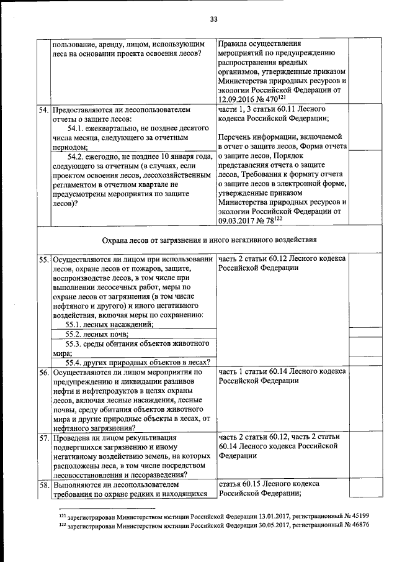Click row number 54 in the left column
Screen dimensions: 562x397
tap(44, 110)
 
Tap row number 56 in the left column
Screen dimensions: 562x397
tap(44, 372)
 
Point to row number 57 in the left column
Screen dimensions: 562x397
tap(44, 438)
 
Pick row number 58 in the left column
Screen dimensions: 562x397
tap(44, 484)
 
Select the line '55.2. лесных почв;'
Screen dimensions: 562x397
tap(94, 334)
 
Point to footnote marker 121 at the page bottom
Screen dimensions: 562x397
tap(62, 514)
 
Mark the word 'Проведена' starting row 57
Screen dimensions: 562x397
tap(71, 438)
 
